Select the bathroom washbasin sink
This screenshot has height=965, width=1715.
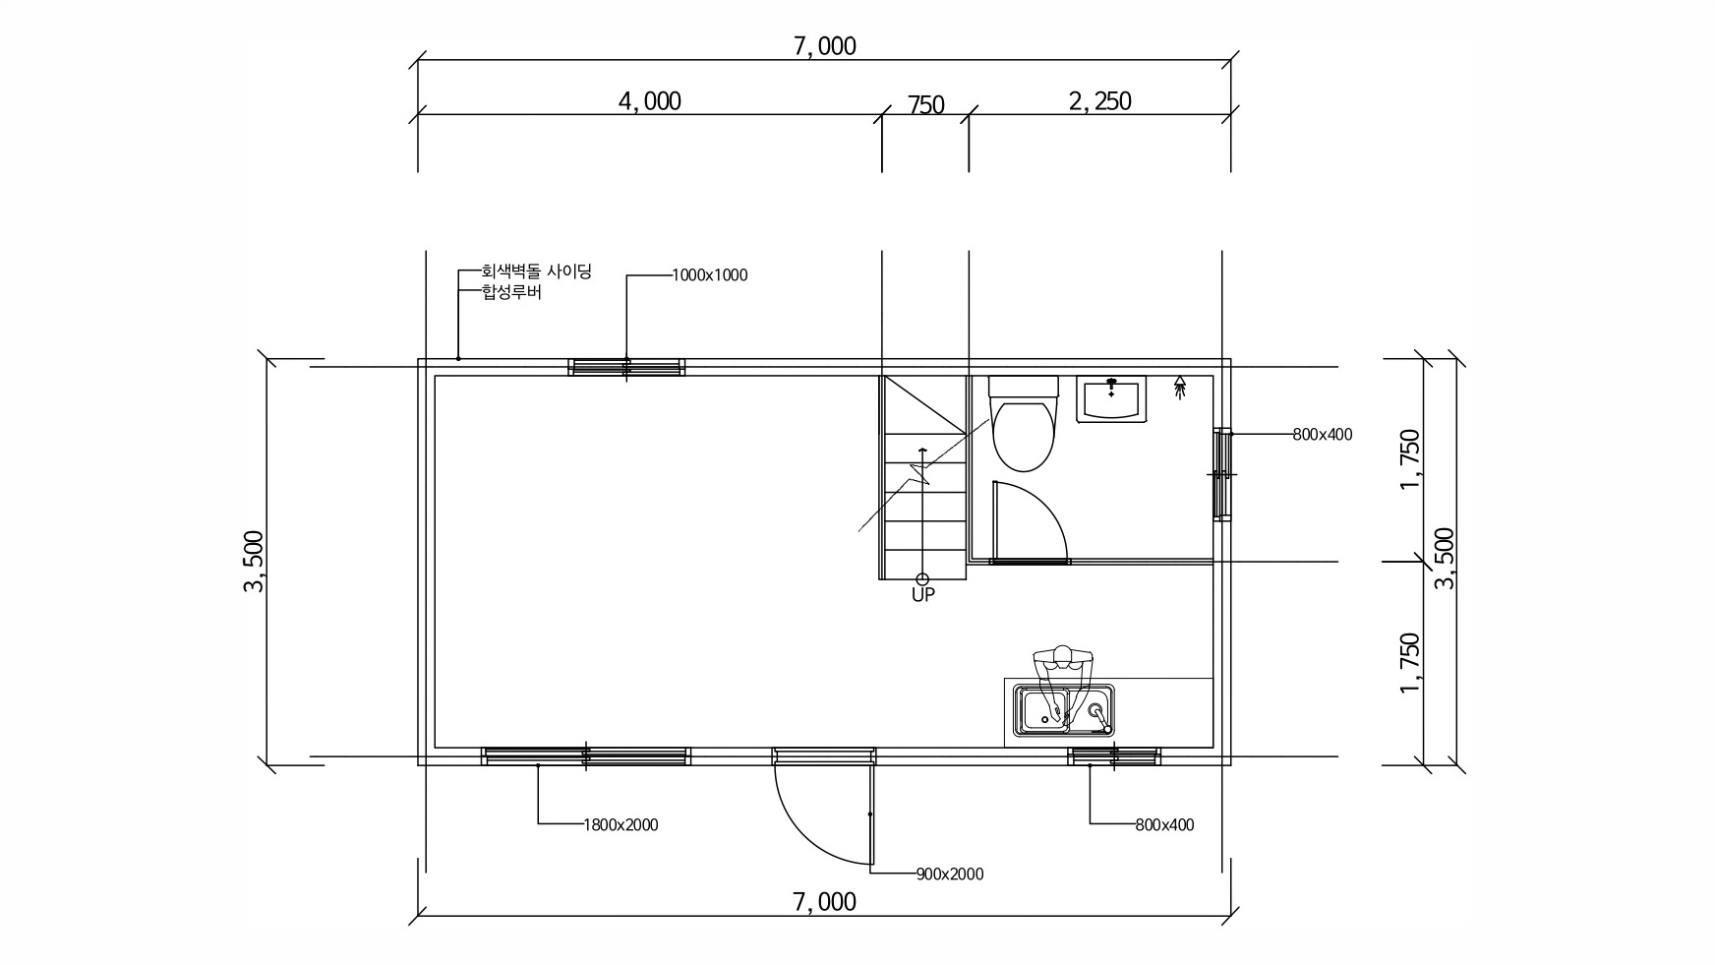pyautogui.click(x=1112, y=399)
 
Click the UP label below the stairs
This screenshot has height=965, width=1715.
pyautogui.click(x=922, y=594)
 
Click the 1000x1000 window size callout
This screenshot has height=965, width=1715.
pyautogui.click(x=709, y=275)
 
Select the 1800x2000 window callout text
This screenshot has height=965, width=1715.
pyautogui.click(x=621, y=825)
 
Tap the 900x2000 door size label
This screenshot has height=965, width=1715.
pyautogui.click(x=949, y=874)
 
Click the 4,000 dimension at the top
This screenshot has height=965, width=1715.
pyautogui.click(x=649, y=101)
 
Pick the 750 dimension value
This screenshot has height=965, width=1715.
pyautogui.click(x=925, y=104)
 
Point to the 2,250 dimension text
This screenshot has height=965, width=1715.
pyautogui.click(x=1099, y=101)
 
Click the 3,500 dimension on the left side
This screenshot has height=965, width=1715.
pyautogui.click(x=254, y=562)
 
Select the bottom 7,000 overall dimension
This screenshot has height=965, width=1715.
pyautogui.click(x=824, y=902)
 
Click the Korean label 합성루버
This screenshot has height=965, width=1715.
pyautogui.click(x=510, y=292)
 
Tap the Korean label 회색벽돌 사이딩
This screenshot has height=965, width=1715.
pyautogui.click(x=536, y=271)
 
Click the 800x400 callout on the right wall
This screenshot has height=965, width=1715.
pyautogui.click(x=1323, y=434)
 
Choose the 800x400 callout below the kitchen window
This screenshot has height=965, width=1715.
pyautogui.click(x=1164, y=825)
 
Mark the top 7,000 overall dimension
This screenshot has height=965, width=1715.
pyautogui.click(x=824, y=46)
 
